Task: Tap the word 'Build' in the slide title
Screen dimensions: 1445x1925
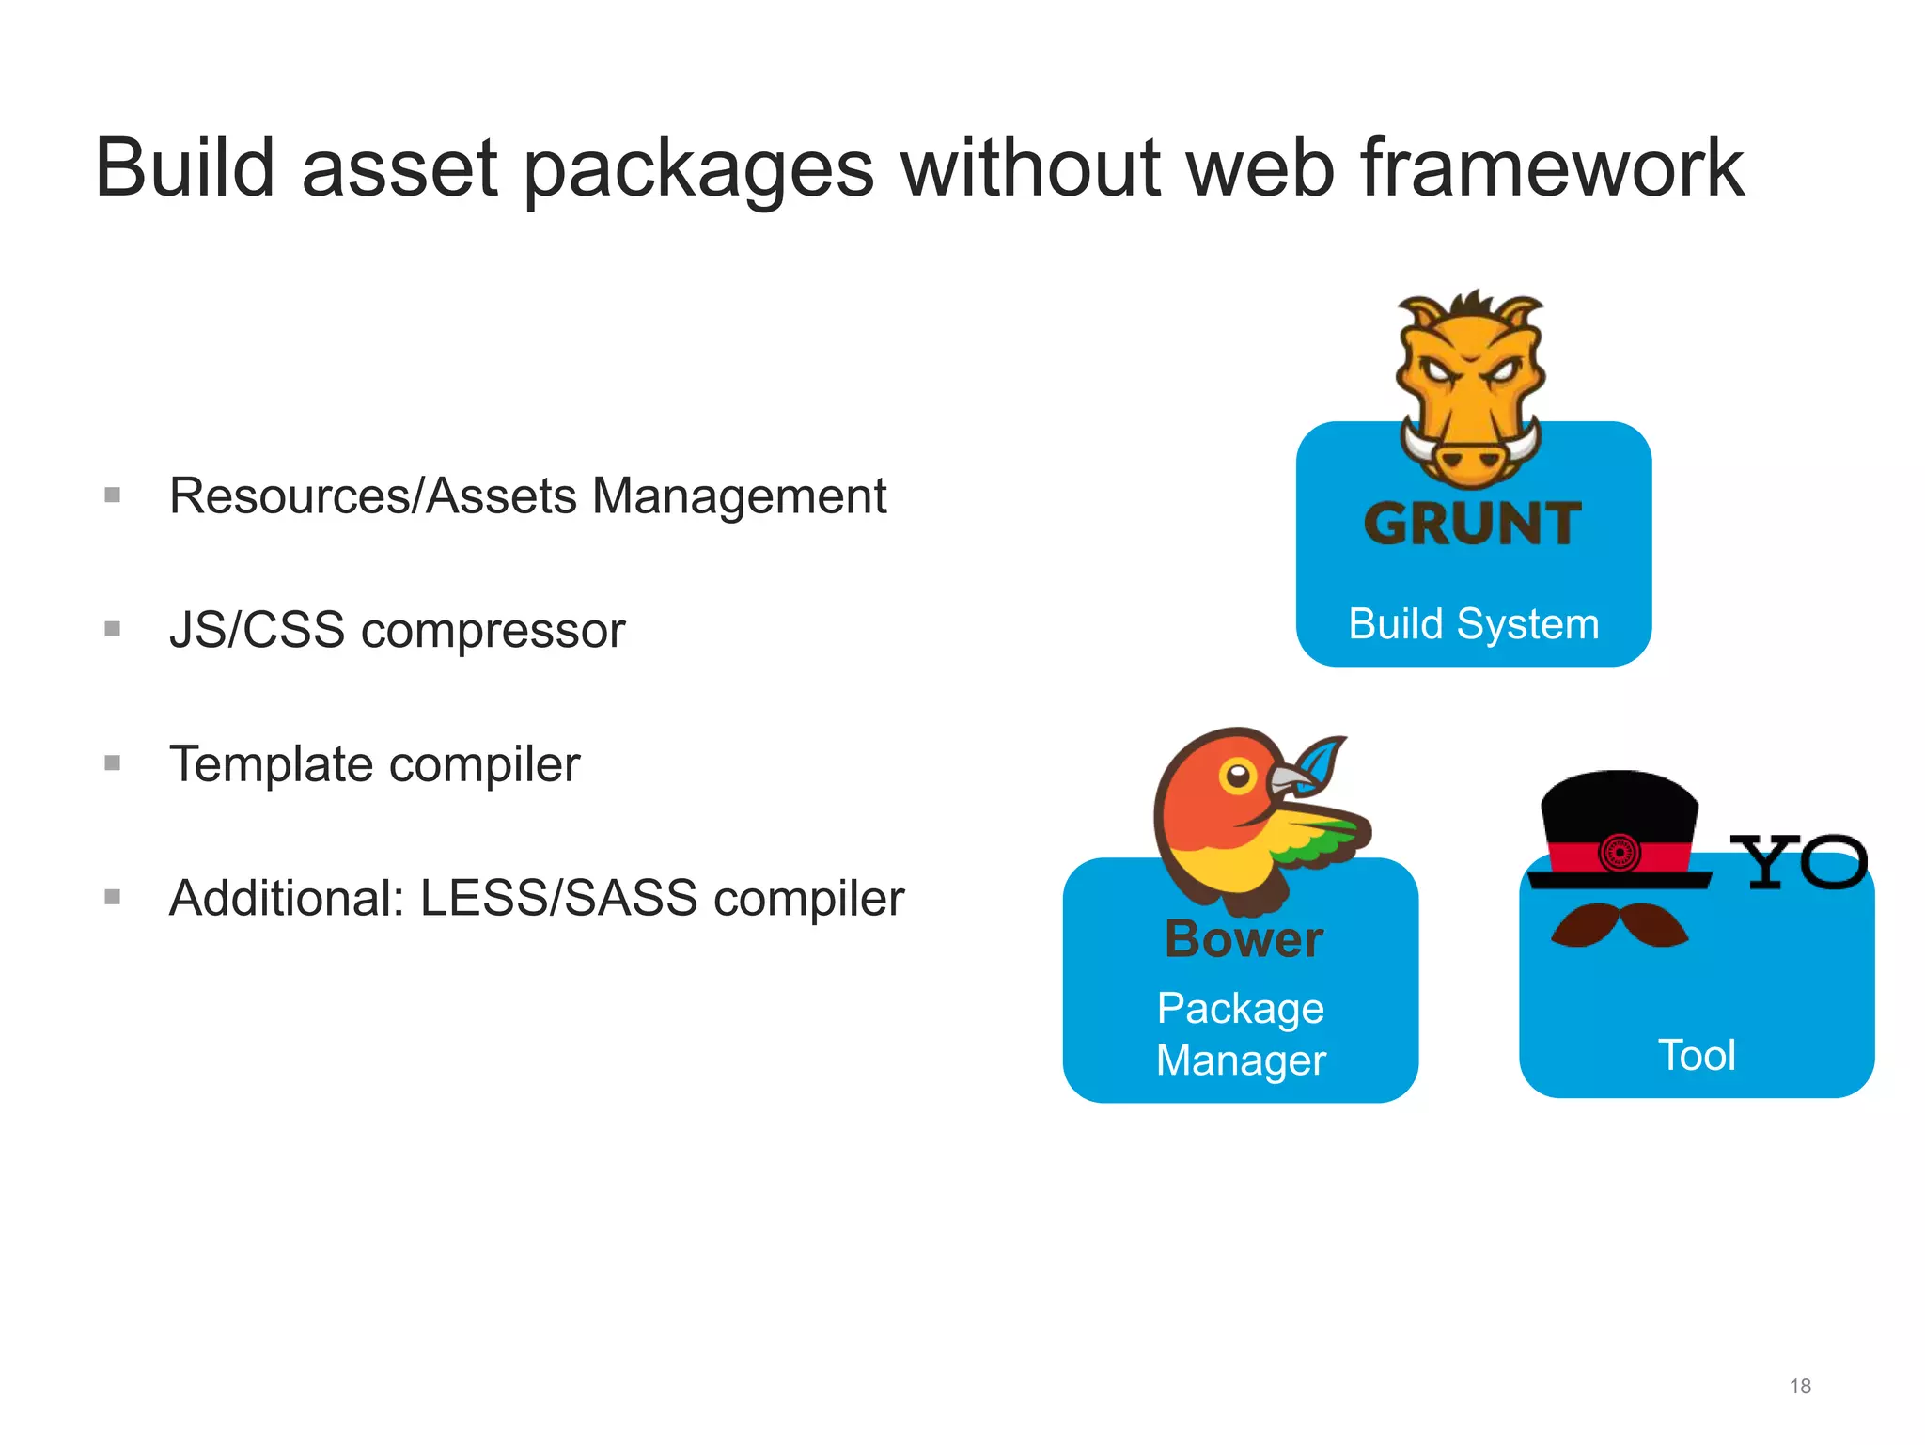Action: point(185,169)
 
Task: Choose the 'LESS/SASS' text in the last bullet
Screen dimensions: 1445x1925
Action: point(558,898)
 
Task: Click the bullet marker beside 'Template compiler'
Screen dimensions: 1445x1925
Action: point(113,762)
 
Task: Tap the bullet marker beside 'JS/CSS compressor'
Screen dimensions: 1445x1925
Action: point(113,629)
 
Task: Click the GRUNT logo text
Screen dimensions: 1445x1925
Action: point(1473,525)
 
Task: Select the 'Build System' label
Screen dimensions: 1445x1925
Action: point(1473,624)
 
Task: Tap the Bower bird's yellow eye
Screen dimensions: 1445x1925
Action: point(1238,777)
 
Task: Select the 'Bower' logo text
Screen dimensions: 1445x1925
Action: point(1244,939)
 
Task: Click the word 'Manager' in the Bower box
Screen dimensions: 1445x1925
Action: point(1241,1060)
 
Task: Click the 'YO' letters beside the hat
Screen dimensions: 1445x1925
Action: point(1798,862)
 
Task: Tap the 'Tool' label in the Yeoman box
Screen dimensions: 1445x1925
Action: point(1697,1056)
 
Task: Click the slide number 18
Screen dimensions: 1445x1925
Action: point(1799,1386)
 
